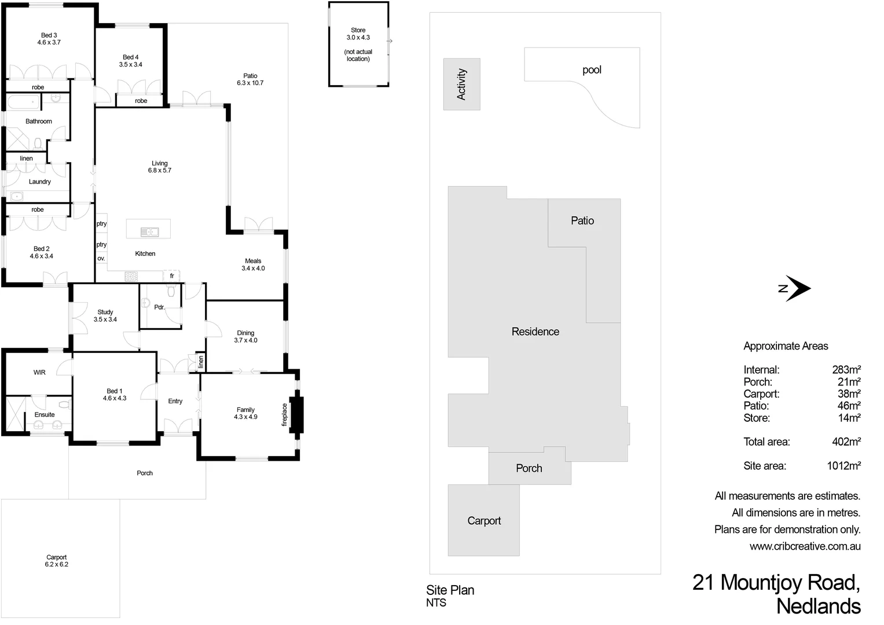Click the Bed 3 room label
point(49,35)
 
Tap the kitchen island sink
point(149,232)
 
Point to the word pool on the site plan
point(592,70)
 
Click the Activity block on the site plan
point(461,84)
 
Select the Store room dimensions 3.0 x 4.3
point(358,38)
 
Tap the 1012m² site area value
point(843,466)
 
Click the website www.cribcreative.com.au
point(805,546)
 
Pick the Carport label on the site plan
point(484,521)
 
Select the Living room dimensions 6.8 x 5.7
point(159,171)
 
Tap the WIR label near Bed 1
point(39,372)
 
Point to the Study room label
point(105,312)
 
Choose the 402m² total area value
point(846,442)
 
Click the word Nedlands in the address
point(818,606)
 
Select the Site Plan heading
point(450,590)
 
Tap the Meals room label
point(253,261)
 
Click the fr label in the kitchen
point(172,276)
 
